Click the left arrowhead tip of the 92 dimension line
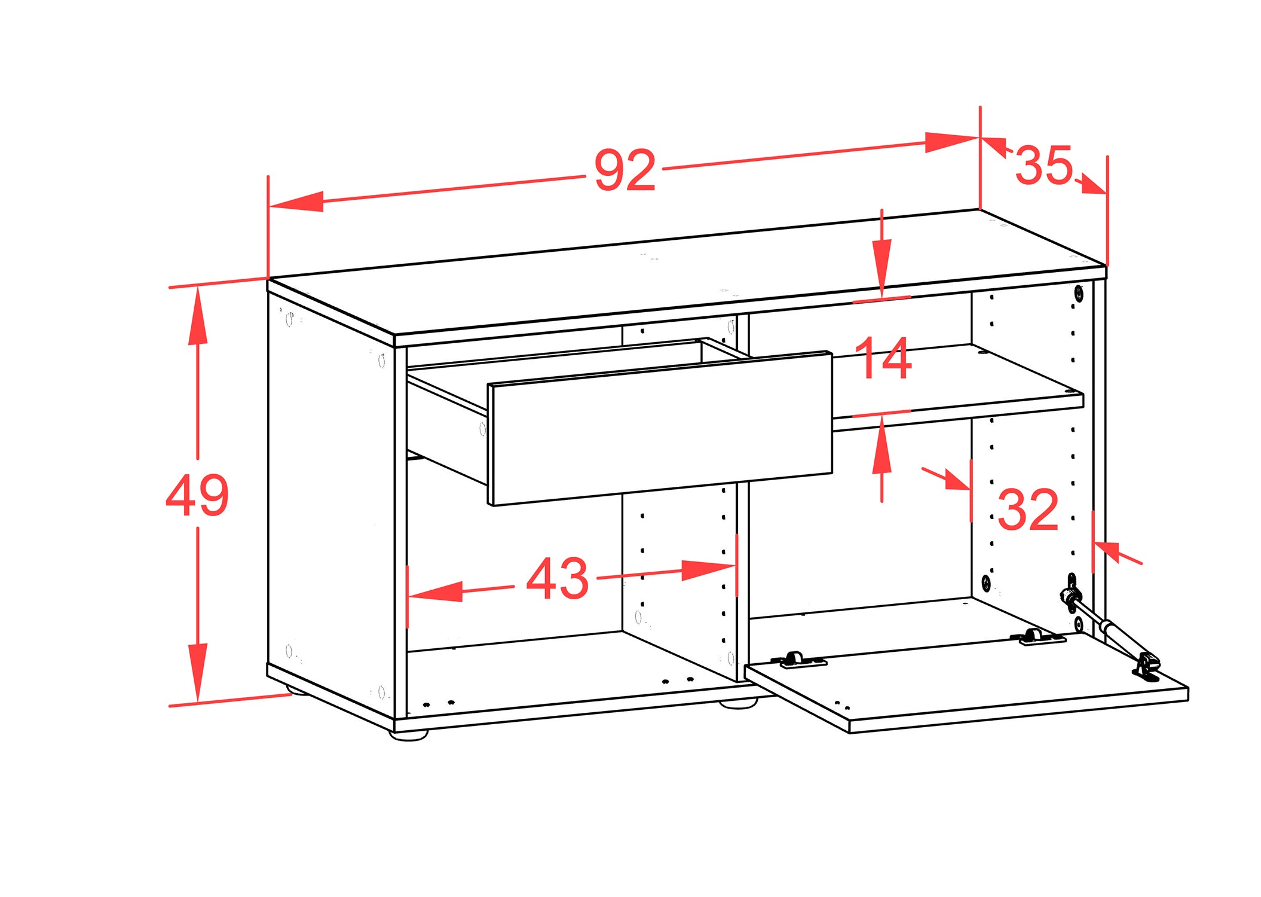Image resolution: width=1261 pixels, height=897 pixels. tap(270, 207)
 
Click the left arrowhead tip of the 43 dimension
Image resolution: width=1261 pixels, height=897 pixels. tap(409, 596)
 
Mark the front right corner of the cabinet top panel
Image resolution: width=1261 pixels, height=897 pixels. tap(1106, 267)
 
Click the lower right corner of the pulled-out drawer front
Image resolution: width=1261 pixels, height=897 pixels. tap(832, 473)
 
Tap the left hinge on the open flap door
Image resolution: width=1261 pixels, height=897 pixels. tap(798, 660)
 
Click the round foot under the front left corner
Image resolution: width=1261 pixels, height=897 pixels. tap(409, 735)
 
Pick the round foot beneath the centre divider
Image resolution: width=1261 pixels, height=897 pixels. tap(738, 703)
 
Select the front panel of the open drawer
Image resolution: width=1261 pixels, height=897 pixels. tap(660, 429)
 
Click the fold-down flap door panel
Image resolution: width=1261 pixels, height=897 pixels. tap(966, 682)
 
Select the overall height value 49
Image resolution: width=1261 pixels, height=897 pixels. tap(197, 495)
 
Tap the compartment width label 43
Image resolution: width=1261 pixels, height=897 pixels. tap(558, 578)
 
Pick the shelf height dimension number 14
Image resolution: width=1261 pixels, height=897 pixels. tap(883, 358)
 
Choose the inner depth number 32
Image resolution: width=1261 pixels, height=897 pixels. tap(1028, 509)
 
